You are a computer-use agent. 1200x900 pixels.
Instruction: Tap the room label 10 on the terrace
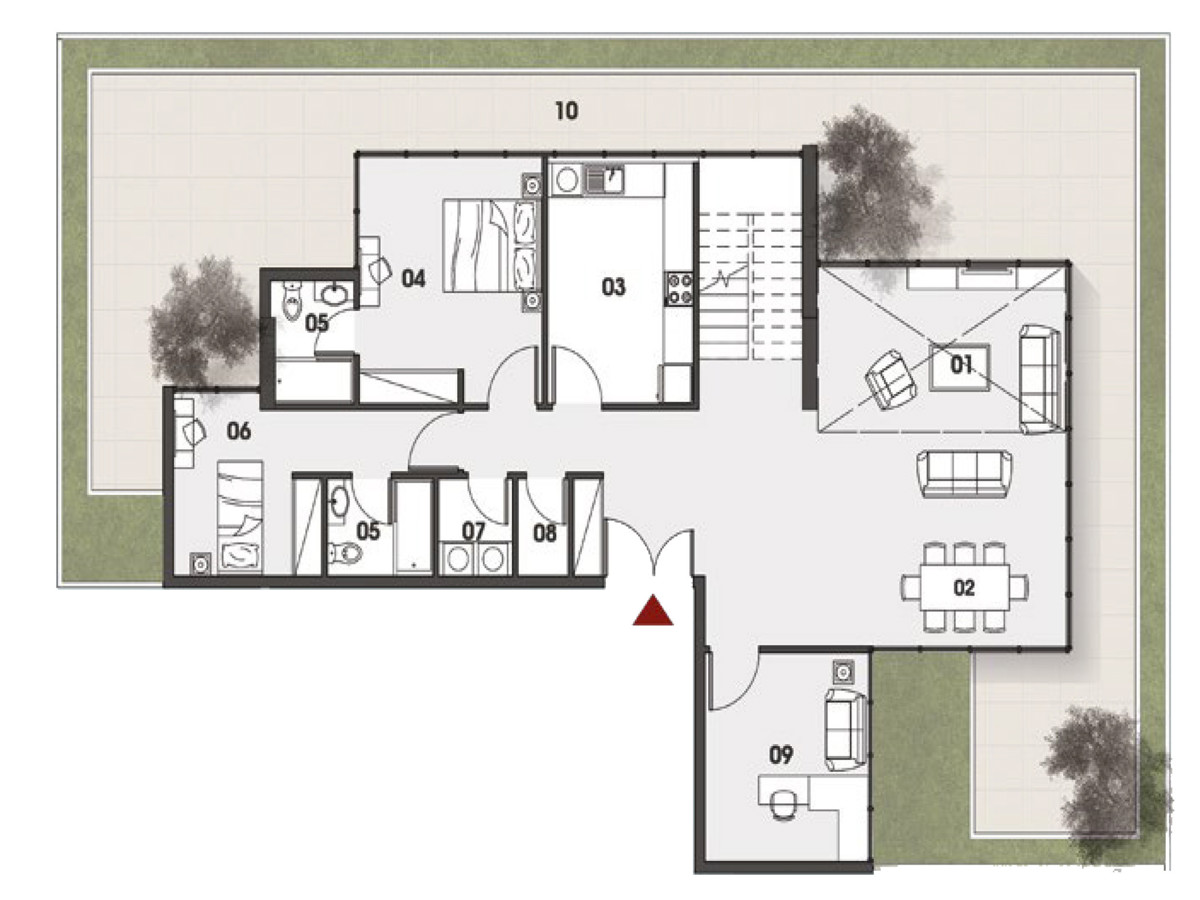[566, 111]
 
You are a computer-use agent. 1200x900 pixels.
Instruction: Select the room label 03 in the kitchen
[613, 287]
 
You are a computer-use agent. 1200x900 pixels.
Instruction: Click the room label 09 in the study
[781, 755]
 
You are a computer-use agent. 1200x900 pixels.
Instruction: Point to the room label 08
[545, 533]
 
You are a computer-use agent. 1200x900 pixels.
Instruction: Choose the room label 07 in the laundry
[473, 531]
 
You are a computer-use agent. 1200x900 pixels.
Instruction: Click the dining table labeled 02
[964, 588]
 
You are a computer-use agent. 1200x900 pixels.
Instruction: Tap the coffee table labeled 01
[959, 367]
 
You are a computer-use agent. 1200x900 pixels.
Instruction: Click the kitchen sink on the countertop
[604, 180]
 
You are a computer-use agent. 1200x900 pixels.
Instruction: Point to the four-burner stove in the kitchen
[680, 289]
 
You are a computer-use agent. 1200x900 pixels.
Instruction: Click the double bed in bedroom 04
[490, 245]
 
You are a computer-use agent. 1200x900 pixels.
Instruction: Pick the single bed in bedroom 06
[240, 517]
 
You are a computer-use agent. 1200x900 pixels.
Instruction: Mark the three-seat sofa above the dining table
[964, 474]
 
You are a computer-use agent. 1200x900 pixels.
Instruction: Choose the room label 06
[239, 432]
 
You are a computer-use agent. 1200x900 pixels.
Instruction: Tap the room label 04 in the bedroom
[413, 279]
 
